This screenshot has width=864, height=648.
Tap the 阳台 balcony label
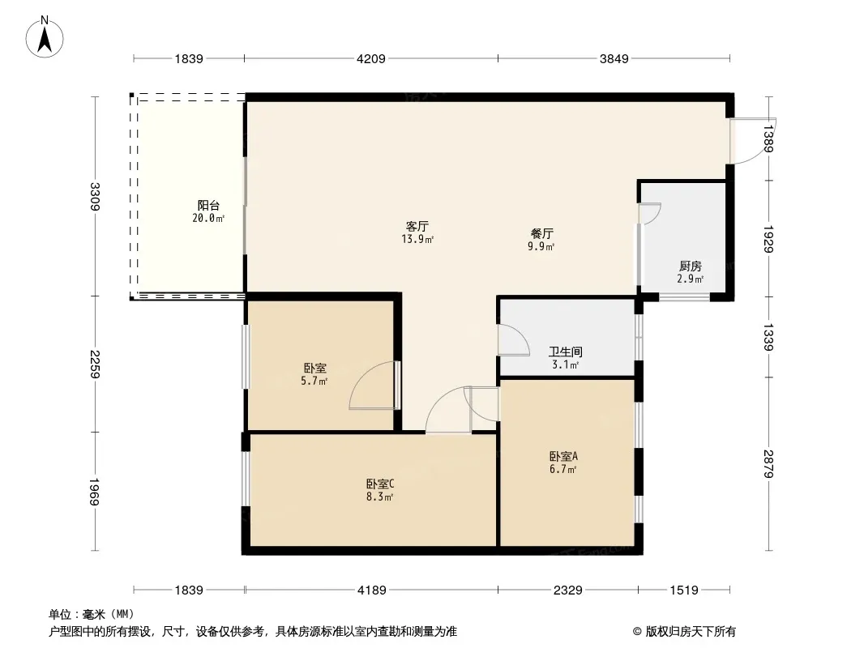[208, 206]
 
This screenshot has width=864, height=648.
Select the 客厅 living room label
[417, 227]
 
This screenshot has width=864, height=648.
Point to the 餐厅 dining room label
[541, 234]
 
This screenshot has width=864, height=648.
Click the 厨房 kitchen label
[690, 266]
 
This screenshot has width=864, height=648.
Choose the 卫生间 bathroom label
[565, 352]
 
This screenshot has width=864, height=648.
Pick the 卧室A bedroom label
[562, 456]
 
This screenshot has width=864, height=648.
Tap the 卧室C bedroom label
[379, 484]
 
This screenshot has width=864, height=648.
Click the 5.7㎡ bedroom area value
[314, 381]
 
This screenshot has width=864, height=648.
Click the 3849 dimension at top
[614, 58]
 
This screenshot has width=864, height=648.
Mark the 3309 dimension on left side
[96, 197]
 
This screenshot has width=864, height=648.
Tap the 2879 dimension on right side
[768, 463]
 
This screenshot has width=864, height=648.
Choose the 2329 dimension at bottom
[567, 590]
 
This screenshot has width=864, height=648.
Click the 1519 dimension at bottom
[683, 590]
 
